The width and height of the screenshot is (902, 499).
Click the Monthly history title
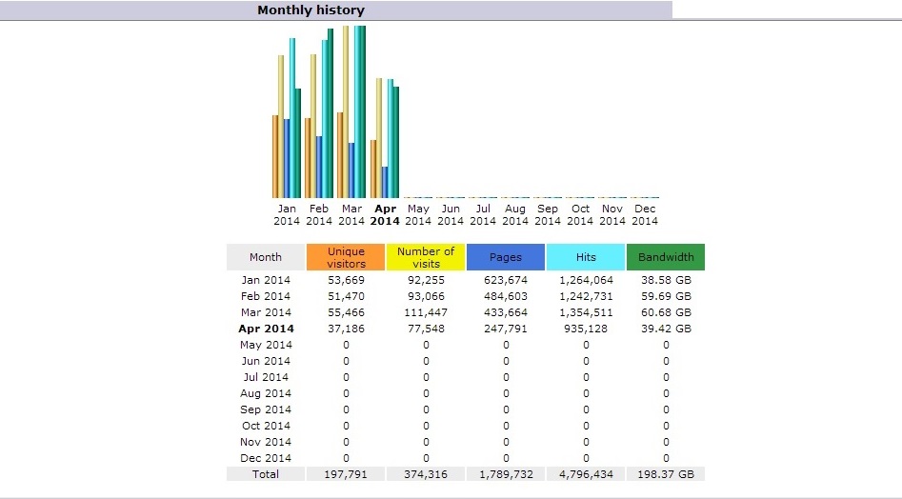coord(311,10)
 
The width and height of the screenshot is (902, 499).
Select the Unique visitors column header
coord(346,257)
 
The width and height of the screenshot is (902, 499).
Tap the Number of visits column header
coord(426,257)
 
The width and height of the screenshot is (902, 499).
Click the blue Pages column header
coord(506,257)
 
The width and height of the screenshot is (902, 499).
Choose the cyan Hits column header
coord(586,257)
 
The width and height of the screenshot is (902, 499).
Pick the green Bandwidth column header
coord(666,257)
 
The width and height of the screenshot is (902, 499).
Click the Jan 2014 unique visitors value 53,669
coord(346,280)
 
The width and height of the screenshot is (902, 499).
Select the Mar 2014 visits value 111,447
coord(426,312)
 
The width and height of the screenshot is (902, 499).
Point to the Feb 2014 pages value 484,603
coord(506,296)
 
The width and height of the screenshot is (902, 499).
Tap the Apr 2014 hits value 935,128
coord(586,329)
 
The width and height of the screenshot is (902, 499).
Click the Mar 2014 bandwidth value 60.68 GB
coord(666,312)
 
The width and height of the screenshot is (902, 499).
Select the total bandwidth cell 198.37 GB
coord(666,473)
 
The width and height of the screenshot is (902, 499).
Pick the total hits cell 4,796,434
coord(586,473)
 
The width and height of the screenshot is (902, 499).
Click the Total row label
coord(266,473)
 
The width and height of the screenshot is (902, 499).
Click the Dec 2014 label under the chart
coord(645,214)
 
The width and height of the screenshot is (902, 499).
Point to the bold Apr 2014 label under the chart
coord(385,214)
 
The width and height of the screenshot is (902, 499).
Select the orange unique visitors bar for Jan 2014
coord(275,157)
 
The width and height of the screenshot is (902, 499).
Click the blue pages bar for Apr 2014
coord(385,182)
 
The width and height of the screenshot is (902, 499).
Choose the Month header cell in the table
coord(266,257)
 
